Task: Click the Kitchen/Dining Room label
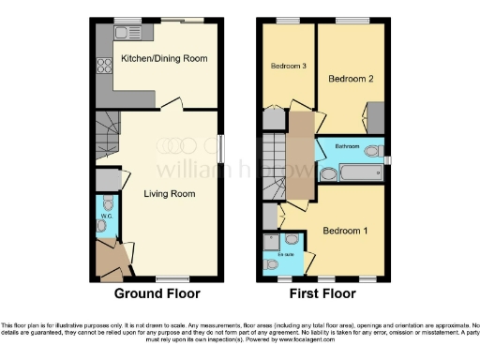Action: tap(164, 58)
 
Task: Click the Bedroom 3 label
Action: tap(288, 67)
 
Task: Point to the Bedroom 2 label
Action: tap(351, 80)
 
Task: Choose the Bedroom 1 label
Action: tap(344, 230)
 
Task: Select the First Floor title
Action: tap(323, 293)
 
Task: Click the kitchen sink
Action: tap(122, 34)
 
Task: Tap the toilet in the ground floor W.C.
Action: tap(107, 203)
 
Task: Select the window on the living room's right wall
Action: tap(220, 148)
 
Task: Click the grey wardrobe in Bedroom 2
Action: tap(375, 118)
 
